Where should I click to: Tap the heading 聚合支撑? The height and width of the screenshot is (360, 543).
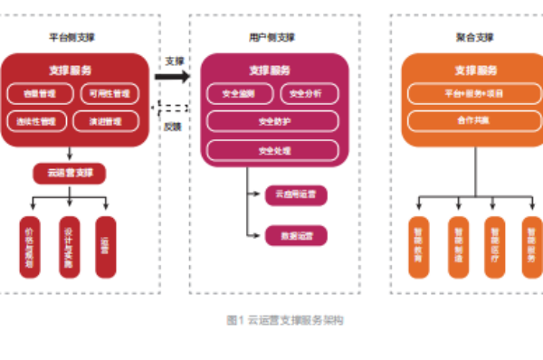(474, 37)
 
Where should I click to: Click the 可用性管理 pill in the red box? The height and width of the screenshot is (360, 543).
(108, 92)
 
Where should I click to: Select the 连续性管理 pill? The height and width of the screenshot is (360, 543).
(36, 119)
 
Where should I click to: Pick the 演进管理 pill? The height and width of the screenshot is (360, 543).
(108, 119)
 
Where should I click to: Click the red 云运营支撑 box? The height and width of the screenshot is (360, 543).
(70, 172)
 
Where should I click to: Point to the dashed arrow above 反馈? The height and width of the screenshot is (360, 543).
(175, 110)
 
